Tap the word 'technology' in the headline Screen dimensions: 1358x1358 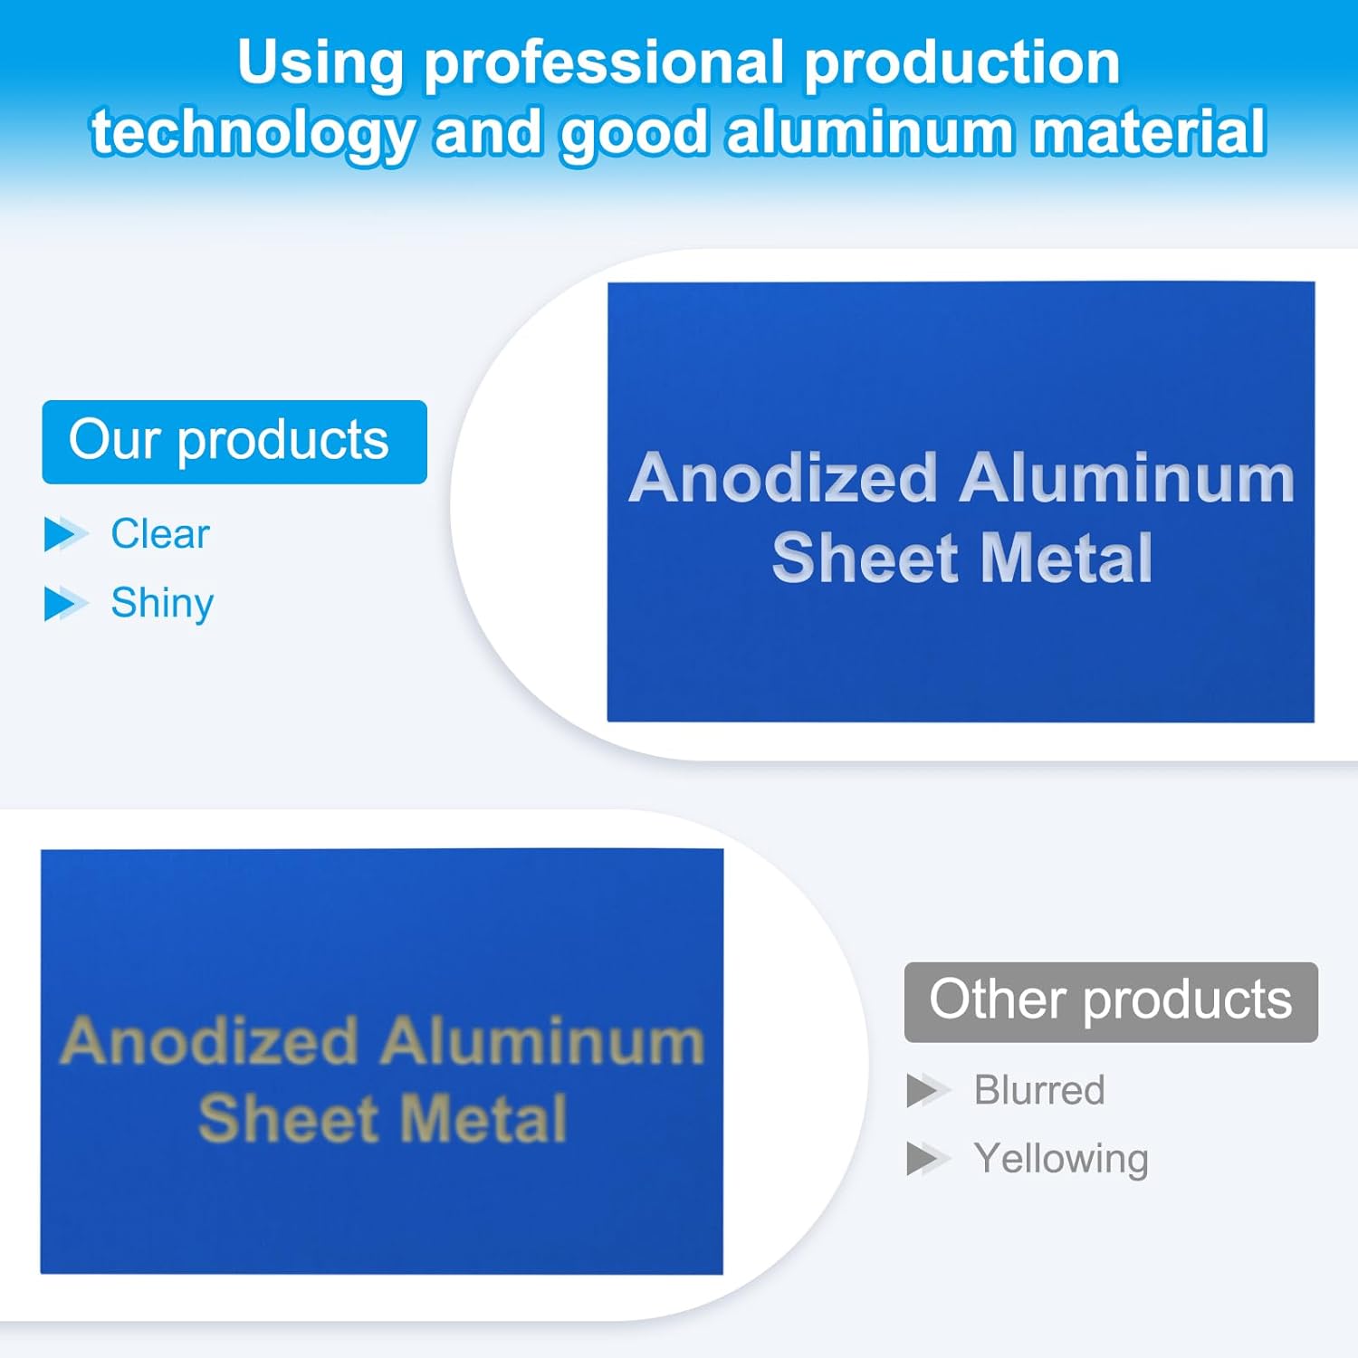pos(253,134)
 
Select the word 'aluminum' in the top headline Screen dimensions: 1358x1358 pos(870,132)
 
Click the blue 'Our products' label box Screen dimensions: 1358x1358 pos(234,442)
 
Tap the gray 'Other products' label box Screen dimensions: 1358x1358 pos(1111,1002)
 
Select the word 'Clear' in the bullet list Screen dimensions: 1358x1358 pos(160,534)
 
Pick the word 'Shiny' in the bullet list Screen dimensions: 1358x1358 pos(162,604)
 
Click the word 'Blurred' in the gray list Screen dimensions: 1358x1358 pos(1039,1090)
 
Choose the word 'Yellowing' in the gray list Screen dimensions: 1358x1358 pos(1061,1160)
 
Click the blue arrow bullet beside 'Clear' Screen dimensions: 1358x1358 pos(65,534)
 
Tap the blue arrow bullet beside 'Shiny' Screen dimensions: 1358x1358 pos(65,604)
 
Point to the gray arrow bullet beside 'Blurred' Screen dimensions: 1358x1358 pos(928,1090)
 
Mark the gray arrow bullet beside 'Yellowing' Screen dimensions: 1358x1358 pos(928,1159)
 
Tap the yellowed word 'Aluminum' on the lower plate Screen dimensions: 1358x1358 pos(542,1042)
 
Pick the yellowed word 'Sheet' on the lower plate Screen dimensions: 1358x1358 pos(288,1119)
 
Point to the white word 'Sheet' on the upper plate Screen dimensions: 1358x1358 pos(865,558)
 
